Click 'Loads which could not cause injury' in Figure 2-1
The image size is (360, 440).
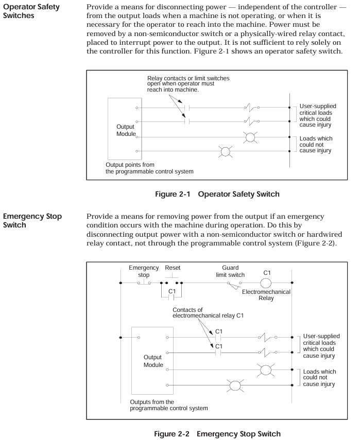pyautogui.click(x=316, y=145)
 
